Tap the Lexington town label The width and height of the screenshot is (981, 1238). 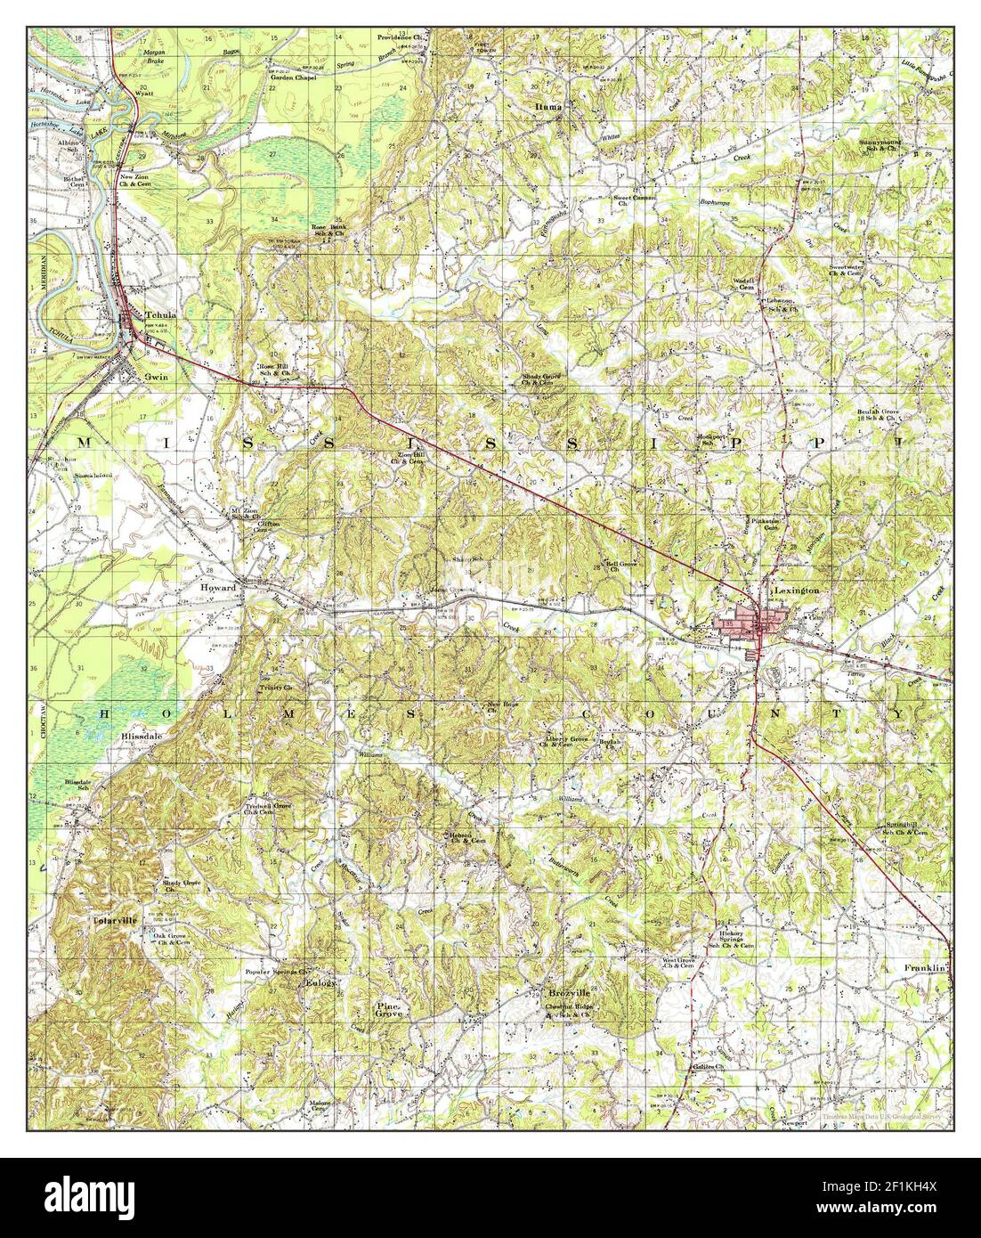(784, 590)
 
